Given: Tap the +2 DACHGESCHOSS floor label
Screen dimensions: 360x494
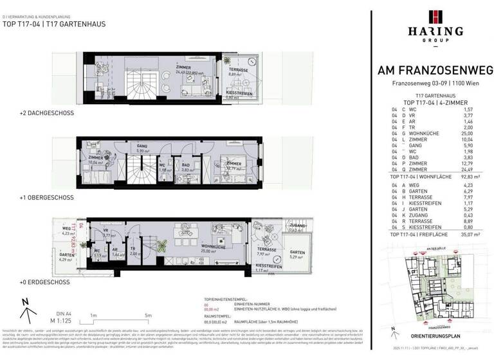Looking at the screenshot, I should click(47, 113).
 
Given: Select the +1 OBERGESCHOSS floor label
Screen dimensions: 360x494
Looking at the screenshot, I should click(46, 197).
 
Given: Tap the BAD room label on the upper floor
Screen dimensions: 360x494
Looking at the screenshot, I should click(186, 164).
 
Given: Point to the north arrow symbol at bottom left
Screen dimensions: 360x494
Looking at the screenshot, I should click(25, 313).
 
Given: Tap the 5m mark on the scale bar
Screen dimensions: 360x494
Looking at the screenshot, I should click(148, 316).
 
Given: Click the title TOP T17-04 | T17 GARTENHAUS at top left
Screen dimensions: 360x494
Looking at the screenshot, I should click(55, 24).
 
